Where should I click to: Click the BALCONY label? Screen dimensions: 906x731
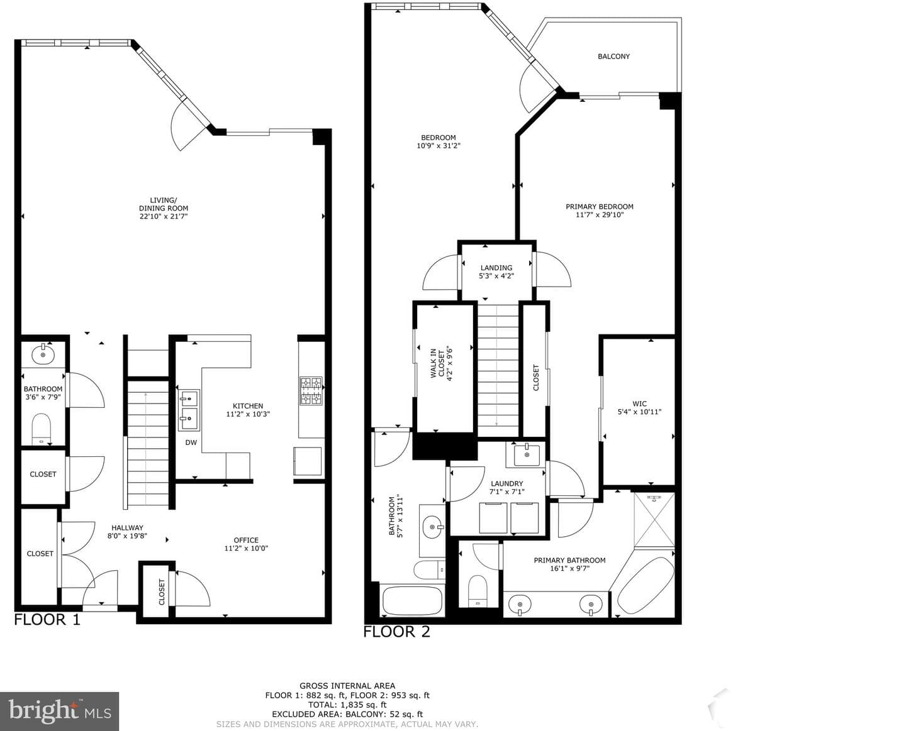pos(613,56)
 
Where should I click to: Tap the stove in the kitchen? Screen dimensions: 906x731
pos(311,390)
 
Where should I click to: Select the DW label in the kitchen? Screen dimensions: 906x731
pos(191,442)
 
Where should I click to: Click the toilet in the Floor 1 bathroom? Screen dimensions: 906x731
pos(42,429)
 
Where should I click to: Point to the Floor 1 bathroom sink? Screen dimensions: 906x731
pos(43,355)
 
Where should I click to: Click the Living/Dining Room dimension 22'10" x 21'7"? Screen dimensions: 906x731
pos(164,216)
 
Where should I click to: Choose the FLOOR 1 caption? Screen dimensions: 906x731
pos(47,619)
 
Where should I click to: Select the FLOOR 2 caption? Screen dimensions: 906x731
pos(396,632)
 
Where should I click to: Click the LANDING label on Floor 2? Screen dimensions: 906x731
pos(496,268)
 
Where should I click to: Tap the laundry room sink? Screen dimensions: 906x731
pos(527,454)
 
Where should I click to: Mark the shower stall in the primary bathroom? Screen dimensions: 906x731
pos(654,520)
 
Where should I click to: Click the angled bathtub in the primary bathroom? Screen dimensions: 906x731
pos(646,584)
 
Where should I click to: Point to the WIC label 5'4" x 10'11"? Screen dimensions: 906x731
pos(639,407)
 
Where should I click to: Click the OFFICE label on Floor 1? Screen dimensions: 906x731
pos(246,540)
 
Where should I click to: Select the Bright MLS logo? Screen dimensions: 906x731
pos(60,712)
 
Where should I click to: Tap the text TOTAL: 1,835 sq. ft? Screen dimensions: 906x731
pos(347,705)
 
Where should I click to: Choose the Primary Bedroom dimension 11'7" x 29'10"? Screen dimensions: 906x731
pos(600,214)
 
